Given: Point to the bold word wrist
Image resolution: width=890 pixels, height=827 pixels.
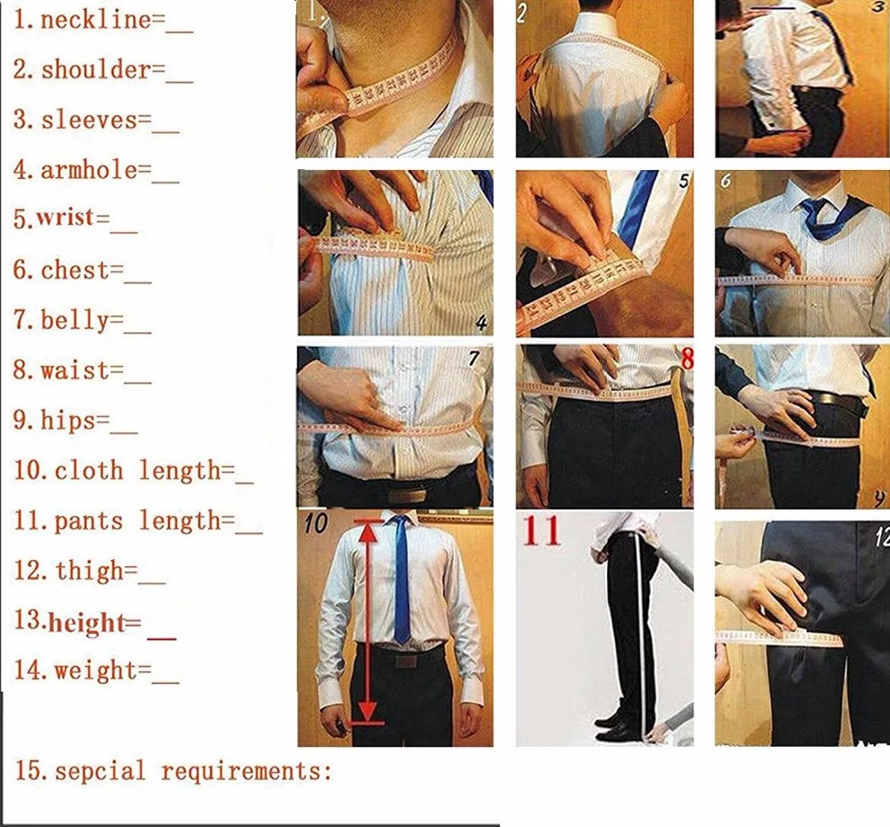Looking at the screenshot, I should [71, 219].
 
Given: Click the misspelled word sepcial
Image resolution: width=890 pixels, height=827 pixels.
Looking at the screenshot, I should [100, 770].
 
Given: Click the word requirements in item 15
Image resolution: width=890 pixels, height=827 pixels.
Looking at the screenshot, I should [245, 771].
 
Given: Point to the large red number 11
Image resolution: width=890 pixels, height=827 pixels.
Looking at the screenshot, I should [542, 531].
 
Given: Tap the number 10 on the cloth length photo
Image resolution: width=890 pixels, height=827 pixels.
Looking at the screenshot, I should [316, 523].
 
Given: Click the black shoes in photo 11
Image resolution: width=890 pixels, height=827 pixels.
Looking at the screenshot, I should [616, 719].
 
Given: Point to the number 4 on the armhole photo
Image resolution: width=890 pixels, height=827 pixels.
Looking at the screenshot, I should [481, 321].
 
